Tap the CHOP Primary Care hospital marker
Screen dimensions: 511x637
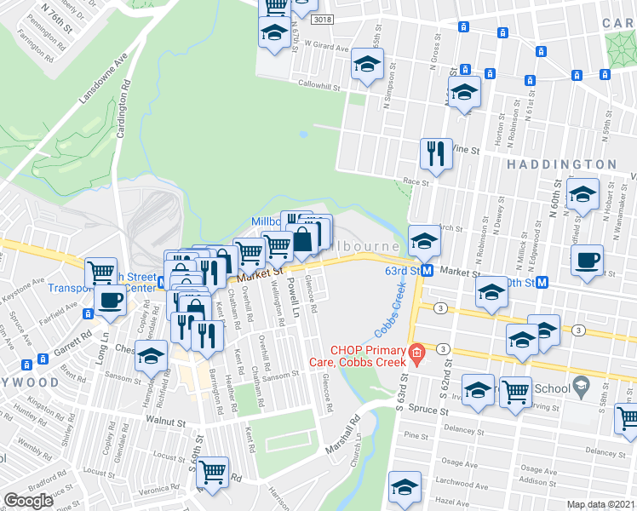pos(416,352)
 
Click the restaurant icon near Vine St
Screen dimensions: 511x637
pos(435,154)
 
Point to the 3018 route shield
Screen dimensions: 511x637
pos(322,20)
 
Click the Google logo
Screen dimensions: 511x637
pos(29,500)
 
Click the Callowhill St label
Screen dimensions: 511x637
pos(318,86)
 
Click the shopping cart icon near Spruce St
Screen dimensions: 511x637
pos(516,392)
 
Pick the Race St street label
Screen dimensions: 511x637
pos(416,181)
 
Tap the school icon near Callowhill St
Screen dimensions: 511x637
pos(368,66)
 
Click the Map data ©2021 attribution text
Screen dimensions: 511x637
pos(601,503)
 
